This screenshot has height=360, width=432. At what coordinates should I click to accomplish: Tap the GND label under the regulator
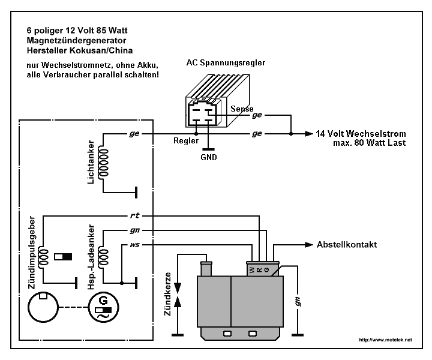point(209,158)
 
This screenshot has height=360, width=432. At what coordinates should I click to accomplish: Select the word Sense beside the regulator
point(242,109)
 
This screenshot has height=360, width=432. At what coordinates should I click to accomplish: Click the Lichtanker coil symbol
point(104,163)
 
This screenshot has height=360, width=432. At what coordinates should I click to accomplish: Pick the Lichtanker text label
point(91,163)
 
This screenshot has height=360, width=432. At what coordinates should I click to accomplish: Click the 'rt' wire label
point(133,215)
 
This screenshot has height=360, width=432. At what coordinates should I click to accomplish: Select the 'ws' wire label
point(133,245)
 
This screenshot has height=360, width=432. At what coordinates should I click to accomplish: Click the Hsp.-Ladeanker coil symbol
point(104,256)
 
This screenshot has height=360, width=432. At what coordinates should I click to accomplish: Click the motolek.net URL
point(385,340)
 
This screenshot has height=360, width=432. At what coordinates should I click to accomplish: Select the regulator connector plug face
point(201,114)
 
